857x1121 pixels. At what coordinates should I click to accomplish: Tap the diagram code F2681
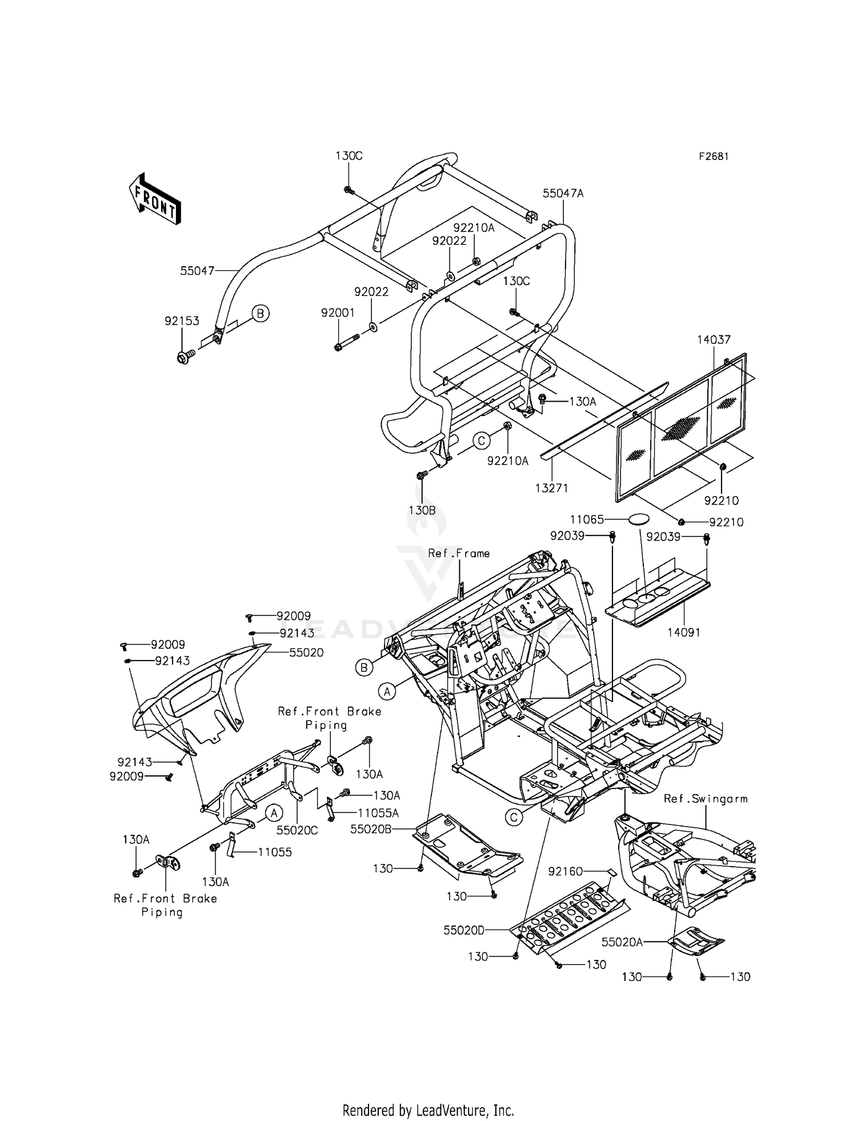[713, 157]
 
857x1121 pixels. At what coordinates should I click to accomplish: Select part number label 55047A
[563, 194]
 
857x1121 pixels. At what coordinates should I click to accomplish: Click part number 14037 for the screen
[714, 339]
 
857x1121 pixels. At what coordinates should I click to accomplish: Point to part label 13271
[551, 488]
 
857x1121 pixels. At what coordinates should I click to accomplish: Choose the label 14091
[683, 632]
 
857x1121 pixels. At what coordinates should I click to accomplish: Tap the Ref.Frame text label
[459, 553]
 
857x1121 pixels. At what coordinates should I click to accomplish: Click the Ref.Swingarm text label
[706, 799]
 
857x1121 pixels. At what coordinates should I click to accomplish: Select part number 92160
[566, 871]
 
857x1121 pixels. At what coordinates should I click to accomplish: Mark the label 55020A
[622, 942]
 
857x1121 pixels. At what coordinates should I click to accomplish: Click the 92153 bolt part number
[182, 321]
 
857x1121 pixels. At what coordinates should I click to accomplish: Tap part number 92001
[338, 313]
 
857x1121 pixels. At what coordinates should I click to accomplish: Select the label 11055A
[378, 812]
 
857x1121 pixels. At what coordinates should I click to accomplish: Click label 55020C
[297, 831]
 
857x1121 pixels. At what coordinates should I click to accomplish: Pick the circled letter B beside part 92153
[261, 313]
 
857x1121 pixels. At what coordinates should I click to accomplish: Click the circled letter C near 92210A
[482, 441]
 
